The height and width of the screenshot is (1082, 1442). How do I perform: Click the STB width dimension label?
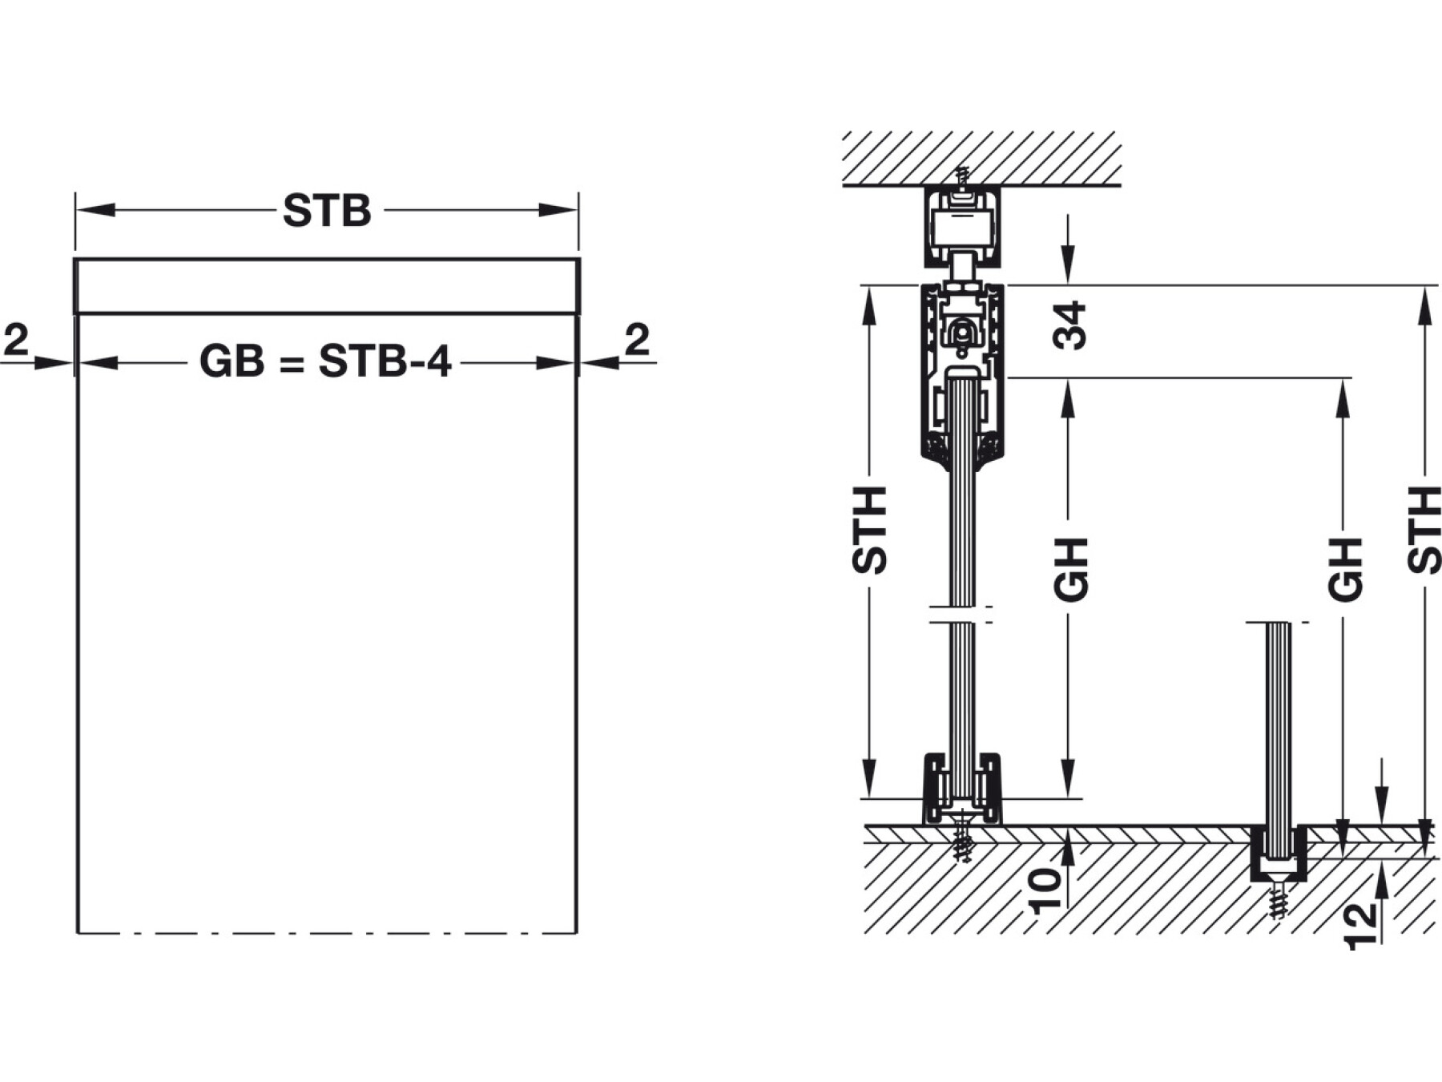pyautogui.click(x=327, y=212)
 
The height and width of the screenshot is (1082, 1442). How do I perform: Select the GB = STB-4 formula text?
pyautogui.click(x=325, y=361)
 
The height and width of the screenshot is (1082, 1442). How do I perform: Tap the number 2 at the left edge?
pyautogui.click(x=16, y=340)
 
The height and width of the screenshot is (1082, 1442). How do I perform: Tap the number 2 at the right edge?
pyautogui.click(x=636, y=340)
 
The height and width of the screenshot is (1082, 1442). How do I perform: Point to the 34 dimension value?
pyautogui.click(x=1070, y=325)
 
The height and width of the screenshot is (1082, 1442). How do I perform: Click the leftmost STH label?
pyautogui.click(x=870, y=530)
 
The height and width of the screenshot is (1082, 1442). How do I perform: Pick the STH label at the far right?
pyautogui.click(x=1424, y=530)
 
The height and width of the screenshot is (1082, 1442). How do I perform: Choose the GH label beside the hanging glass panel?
pyautogui.click(x=1071, y=570)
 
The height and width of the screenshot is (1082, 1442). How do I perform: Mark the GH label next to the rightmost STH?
pyautogui.click(x=1345, y=570)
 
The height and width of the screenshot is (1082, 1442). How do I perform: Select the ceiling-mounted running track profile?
pyautogui.click(x=961, y=227)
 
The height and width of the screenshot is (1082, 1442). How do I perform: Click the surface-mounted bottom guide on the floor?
pyautogui.click(x=962, y=789)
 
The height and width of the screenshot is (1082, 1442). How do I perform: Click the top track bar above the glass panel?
pyautogui.click(x=327, y=286)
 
